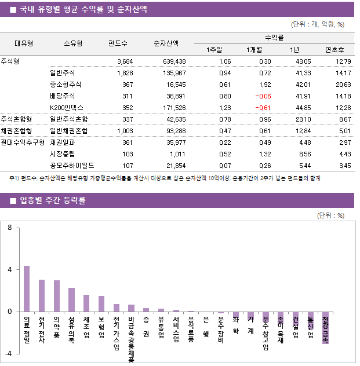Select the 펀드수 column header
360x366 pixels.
(118, 43)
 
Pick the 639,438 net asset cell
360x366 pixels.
(171, 61)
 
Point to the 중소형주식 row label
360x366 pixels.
(66, 85)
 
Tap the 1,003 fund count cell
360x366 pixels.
(124, 131)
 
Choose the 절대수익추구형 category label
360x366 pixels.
(23, 142)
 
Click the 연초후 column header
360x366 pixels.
(335, 50)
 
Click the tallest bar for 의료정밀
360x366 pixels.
(27, 288)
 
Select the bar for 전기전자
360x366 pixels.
(42, 295)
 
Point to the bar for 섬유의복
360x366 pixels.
(71, 299)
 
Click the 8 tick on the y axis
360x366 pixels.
(10, 228)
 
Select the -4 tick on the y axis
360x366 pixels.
(8, 353)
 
